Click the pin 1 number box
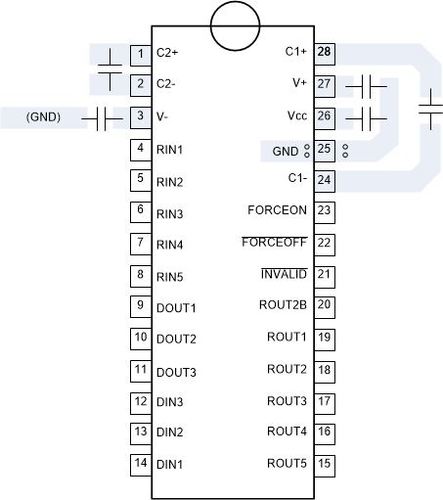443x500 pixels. (x=141, y=53)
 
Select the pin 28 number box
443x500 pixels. (x=325, y=51)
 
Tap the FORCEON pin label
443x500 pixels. (x=278, y=210)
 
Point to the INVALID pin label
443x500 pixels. (x=284, y=274)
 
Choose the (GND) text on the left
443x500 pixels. (x=44, y=117)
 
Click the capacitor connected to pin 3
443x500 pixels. (x=102, y=118)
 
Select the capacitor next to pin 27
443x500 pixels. (x=368, y=86)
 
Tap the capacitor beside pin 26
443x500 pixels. (x=368, y=118)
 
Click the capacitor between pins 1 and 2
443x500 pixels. (x=111, y=69)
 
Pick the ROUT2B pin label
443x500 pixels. (x=283, y=305)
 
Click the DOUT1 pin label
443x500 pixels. (x=176, y=308)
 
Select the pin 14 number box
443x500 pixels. (x=141, y=463)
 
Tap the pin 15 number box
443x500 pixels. (x=325, y=463)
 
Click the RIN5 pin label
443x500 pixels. (x=170, y=276)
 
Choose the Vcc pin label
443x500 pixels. (x=297, y=116)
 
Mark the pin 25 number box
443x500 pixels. (x=325, y=149)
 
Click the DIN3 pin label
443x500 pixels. (x=170, y=402)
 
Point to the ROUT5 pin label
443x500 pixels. (x=287, y=463)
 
